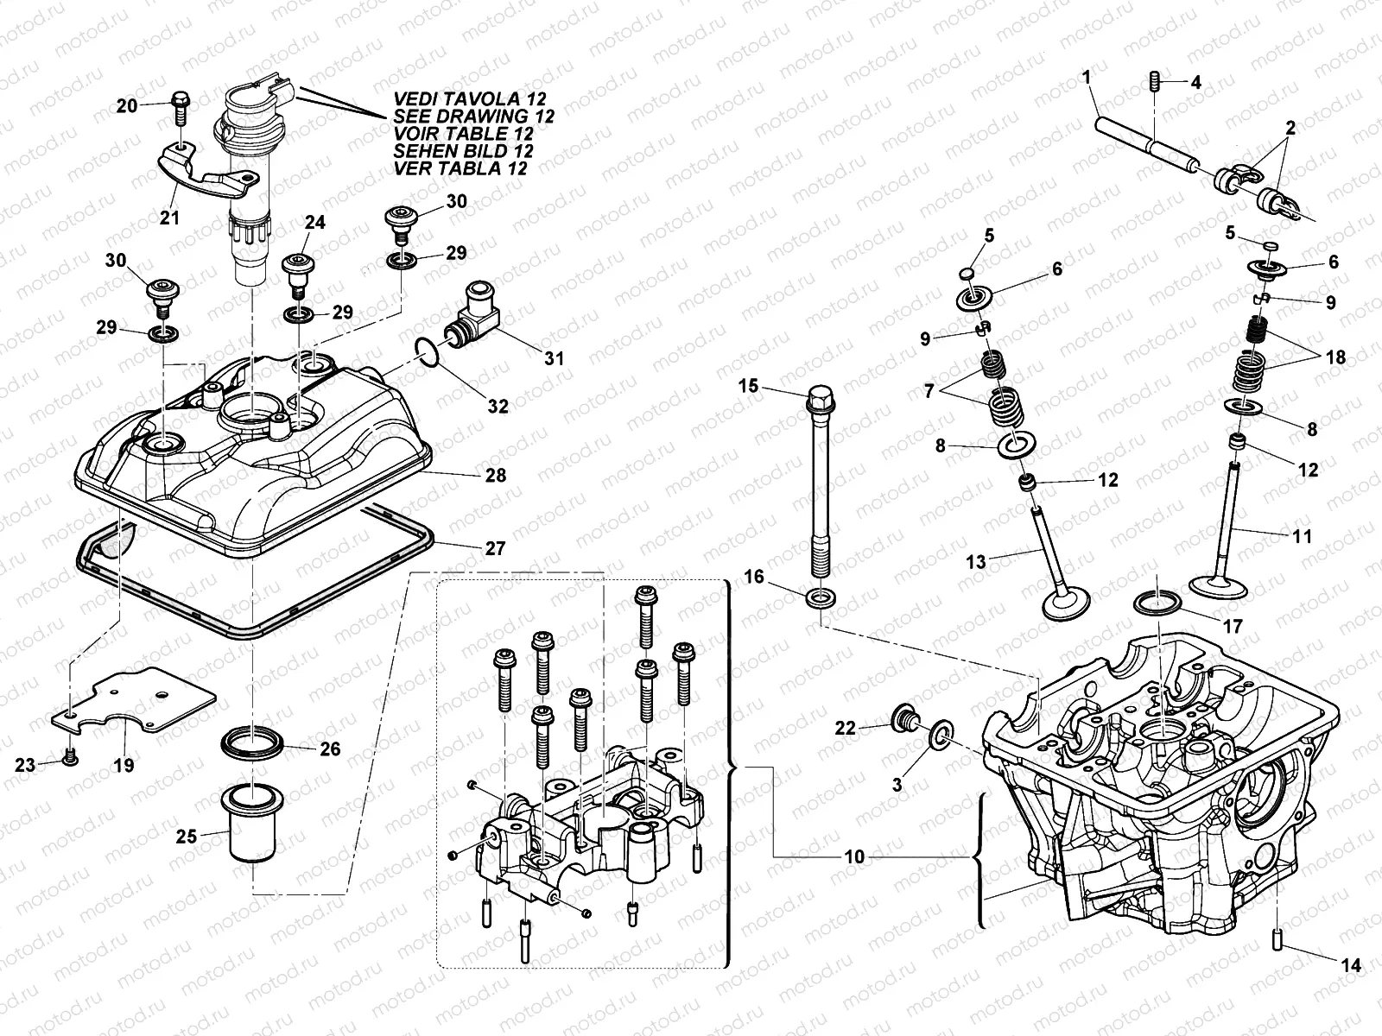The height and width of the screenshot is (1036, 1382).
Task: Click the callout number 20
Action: (x=127, y=105)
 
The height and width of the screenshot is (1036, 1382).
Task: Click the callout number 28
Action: (x=495, y=476)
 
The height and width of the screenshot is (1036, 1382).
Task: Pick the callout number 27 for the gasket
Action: (x=495, y=548)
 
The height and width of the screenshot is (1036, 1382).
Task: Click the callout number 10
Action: (x=854, y=856)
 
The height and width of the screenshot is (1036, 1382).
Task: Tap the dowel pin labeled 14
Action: (x=1277, y=938)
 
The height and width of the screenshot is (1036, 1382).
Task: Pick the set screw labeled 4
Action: (x=1155, y=84)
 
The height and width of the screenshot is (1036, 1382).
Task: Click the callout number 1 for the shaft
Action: (x=1087, y=79)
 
